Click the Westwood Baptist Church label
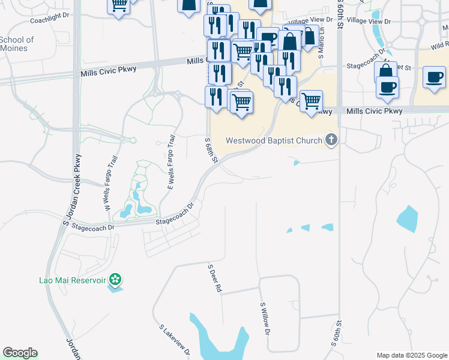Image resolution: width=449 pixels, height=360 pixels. pos(274,141)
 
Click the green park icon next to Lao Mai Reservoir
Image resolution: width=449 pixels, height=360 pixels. pos(116,280)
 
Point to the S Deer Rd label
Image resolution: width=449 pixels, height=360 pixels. pos(214,278)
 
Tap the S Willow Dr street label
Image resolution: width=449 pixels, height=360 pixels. pos(265,319)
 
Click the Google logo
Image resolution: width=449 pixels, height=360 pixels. pos(20,353)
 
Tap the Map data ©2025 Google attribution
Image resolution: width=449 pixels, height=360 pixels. pos(412,355)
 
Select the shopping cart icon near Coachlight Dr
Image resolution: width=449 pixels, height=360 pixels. pos(118,5)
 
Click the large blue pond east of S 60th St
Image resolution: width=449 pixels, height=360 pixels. pos(408,220)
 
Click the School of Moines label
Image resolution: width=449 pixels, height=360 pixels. pos(17,44)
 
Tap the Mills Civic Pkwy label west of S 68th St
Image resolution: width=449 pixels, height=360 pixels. pos(109,70)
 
